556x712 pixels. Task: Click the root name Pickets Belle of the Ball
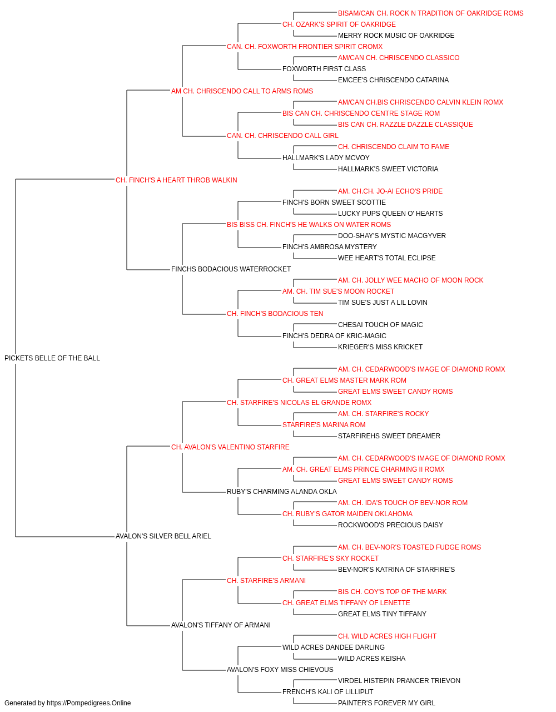[52, 358]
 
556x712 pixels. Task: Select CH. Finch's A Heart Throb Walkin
[176, 180]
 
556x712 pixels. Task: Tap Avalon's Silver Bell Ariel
[163, 536]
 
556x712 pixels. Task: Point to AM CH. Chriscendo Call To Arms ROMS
[242, 91]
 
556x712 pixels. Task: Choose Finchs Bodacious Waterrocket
[231, 269]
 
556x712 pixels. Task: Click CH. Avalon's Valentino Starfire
[230, 447]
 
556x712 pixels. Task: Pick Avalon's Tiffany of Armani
[221, 625]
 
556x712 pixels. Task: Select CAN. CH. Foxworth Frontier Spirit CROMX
[305, 47]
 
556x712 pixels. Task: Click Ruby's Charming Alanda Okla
[281, 492]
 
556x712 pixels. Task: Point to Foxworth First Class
[324, 69]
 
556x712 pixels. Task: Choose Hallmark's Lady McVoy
[326, 157]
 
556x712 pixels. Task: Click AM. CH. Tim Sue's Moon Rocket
[338, 291]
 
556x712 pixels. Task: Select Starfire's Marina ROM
[324, 424]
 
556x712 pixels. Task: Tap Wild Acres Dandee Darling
[334, 647]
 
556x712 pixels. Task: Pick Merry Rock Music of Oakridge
[396, 36]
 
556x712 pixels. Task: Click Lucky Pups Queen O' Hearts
[390, 213]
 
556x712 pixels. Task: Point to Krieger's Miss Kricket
[380, 347]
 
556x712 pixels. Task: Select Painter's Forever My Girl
[386, 703]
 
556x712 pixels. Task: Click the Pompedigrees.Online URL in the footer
[89, 703]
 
